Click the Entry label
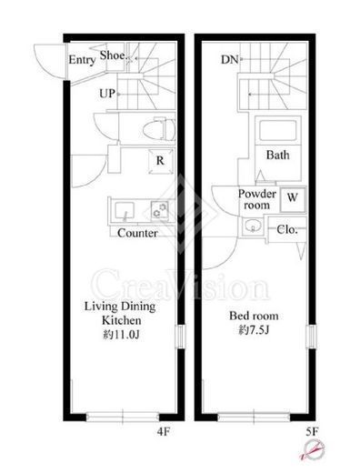tap(82, 60)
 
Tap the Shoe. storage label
tap(113, 55)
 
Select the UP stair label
tap(107, 94)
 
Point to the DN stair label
tap(229, 60)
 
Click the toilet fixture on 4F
tap(159, 130)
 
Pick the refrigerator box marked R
tap(161, 161)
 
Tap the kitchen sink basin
tap(125, 209)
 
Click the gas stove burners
tap(160, 210)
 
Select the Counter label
tap(137, 233)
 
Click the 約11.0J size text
tap(121, 335)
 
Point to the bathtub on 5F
tap(277, 130)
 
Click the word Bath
tap(277, 155)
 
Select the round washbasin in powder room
tap(252, 226)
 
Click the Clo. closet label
tap(287, 229)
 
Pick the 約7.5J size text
tap(254, 330)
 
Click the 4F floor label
tap(164, 431)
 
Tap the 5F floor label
tap(312, 431)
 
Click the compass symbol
tap(315, 449)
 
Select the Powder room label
tap(257, 199)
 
